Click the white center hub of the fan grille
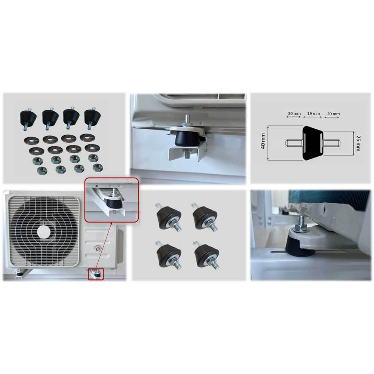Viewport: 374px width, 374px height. (43, 230)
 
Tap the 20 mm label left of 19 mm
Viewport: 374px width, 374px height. (294, 113)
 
